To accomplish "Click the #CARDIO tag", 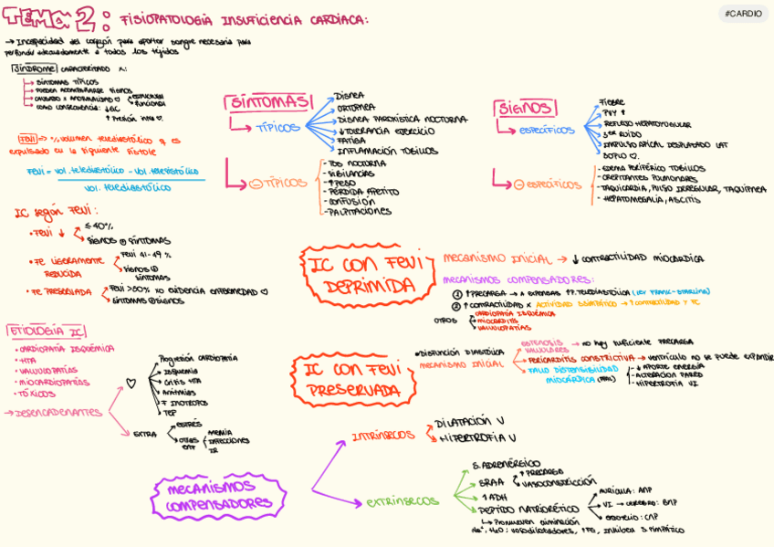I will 744,14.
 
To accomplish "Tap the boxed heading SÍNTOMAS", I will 267,102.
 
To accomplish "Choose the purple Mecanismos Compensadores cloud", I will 219,495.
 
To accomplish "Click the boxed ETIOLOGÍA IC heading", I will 47,331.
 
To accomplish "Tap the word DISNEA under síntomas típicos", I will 350,95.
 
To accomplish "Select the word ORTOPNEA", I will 356,107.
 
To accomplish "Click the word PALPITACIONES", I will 359,212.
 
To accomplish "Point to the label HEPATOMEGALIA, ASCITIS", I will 651,200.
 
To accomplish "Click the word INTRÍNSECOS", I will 383,437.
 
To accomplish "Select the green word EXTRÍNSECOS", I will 403,501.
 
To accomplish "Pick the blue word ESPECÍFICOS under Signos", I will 547,131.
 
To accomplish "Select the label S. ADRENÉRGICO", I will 507,464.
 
